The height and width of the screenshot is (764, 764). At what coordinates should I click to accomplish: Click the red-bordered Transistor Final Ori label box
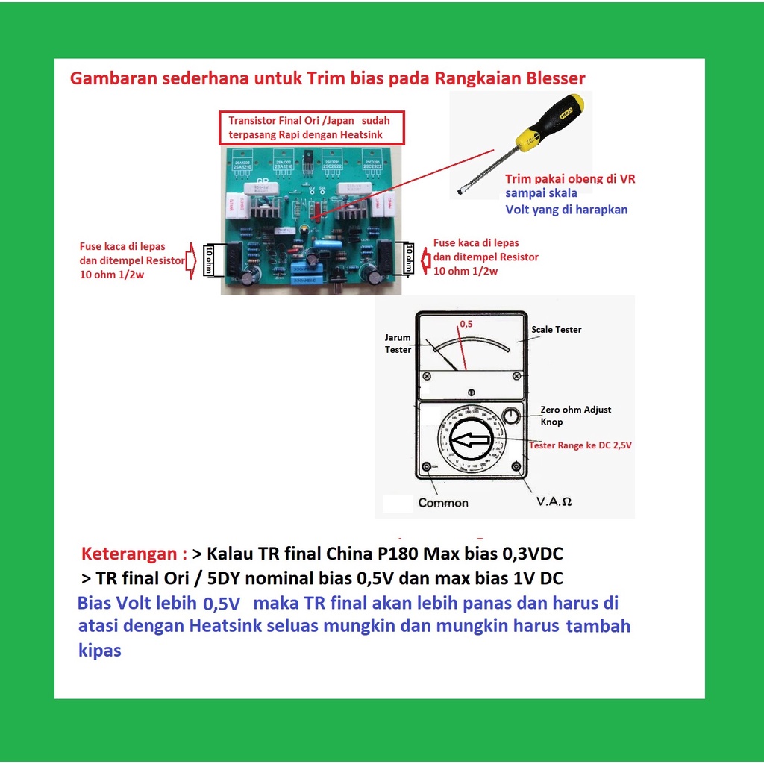click(312, 128)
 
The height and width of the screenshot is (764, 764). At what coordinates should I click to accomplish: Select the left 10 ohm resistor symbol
click(210, 260)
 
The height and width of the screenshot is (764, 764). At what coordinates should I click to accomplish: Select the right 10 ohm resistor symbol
click(407, 259)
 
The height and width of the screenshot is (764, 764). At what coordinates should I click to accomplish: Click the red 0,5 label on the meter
click(466, 325)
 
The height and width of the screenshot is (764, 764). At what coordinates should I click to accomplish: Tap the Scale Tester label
click(556, 330)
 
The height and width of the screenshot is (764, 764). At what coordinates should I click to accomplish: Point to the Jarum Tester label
click(398, 343)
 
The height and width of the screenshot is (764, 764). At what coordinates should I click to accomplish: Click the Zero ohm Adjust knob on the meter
click(511, 416)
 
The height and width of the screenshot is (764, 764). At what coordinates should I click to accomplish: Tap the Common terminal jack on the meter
click(426, 467)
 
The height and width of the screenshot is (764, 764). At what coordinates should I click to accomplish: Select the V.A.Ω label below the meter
click(554, 502)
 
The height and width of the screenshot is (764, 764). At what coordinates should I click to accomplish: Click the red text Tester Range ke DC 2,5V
click(580, 445)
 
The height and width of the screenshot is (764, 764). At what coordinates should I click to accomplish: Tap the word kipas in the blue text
click(99, 650)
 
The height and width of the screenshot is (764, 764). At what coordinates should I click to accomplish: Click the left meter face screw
click(426, 377)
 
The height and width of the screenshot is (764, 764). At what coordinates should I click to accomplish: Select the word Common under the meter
click(443, 502)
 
